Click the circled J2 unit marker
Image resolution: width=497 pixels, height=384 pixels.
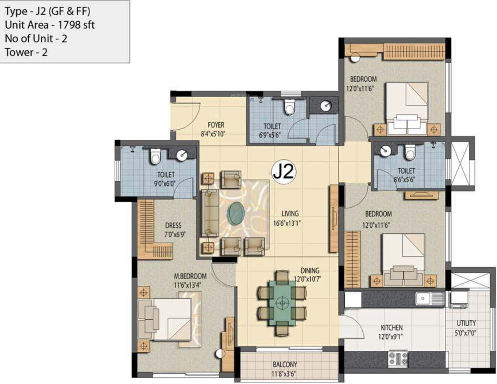point(284,172)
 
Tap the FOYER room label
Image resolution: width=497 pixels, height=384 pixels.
point(216,125)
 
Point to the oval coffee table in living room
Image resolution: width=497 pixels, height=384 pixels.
point(236,214)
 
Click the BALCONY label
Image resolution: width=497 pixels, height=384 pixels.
point(285,364)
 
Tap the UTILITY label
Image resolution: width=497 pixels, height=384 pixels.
point(466,323)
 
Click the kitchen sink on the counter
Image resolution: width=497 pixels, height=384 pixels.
point(425,299)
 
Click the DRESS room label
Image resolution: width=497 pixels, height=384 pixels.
point(173,225)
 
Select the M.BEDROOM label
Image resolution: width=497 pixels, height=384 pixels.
point(190,276)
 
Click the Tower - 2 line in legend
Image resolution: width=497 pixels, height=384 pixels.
point(26,52)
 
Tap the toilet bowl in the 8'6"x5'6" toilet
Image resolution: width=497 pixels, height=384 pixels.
point(410,151)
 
